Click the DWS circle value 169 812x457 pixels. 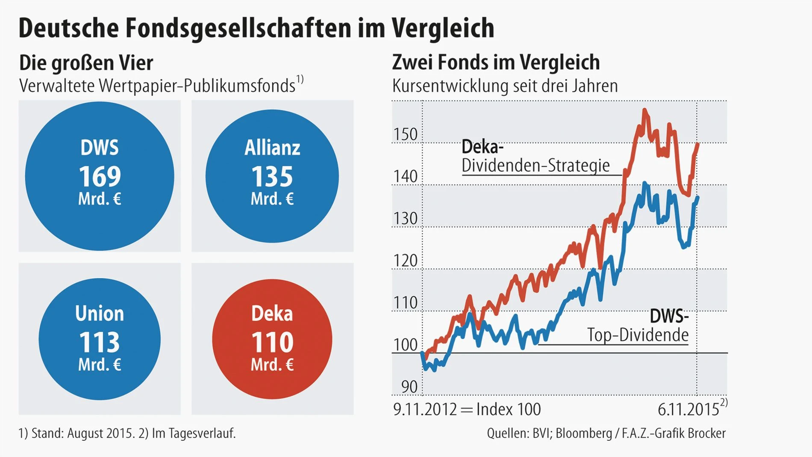pos(100,176)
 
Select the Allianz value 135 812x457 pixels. pos(272,176)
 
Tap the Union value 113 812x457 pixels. pos(100,342)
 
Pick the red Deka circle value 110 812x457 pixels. pos(272,342)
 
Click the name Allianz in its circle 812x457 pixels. pos(272,148)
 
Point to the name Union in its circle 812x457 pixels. pos(100,314)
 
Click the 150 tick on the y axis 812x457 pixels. pos(405,134)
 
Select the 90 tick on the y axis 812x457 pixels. pos(409,387)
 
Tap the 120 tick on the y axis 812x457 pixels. pos(405,261)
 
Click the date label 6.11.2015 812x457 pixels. pos(688,410)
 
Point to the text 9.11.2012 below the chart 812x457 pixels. pos(425,410)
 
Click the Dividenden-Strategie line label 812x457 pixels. pos(535,166)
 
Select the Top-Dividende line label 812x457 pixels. pos(638,335)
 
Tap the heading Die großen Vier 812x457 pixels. pos(86,63)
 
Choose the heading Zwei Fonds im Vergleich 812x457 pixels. pos(496,62)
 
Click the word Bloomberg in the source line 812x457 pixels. pos(584,433)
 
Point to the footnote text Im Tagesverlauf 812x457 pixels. pos(194,433)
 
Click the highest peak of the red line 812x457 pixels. pos(644,110)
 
